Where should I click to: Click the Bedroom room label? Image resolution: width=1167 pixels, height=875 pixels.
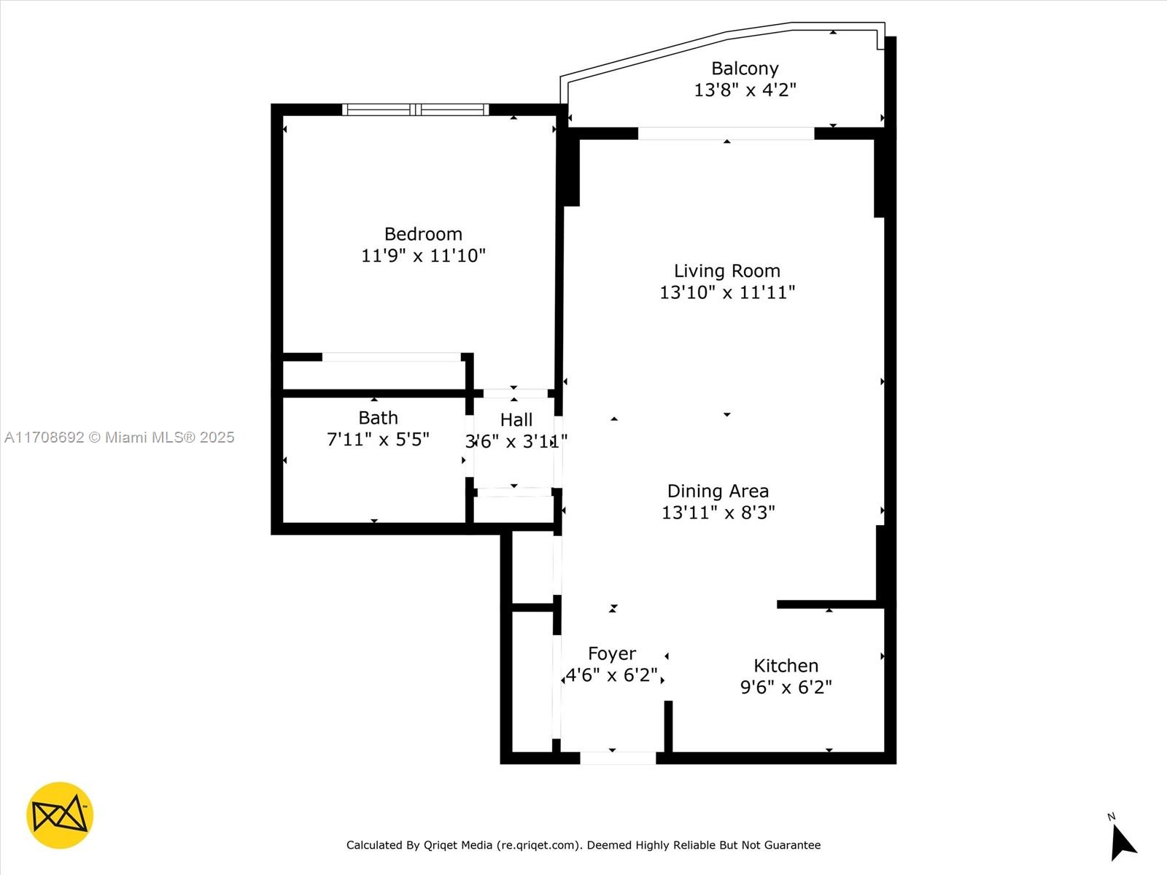pyautogui.click(x=423, y=234)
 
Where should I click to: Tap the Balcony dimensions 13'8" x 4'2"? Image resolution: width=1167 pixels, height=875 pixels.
pyautogui.click(x=745, y=90)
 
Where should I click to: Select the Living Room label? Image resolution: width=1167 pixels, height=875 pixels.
pyautogui.click(x=726, y=271)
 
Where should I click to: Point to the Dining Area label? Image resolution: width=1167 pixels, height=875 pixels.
pyautogui.click(x=718, y=491)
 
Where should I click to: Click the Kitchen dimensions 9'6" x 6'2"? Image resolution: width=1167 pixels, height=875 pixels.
pyautogui.click(x=786, y=687)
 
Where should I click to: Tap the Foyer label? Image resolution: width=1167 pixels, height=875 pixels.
pyautogui.click(x=612, y=653)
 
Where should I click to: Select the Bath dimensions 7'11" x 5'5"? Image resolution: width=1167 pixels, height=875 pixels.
pyautogui.click(x=377, y=439)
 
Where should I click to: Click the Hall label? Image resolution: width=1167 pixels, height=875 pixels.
pyautogui.click(x=516, y=420)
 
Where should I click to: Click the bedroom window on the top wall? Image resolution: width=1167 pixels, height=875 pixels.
pyautogui.click(x=416, y=110)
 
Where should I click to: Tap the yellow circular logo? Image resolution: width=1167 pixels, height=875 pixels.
pyautogui.click(x=60, y=815)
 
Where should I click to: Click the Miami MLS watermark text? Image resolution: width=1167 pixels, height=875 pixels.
pyautogui.click(x=120, y=437)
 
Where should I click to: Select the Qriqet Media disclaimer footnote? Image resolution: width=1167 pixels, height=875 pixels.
pyautogui.click(x=583, y=845)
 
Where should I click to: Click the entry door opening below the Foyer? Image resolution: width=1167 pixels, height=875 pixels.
pyautogui.click(x=618, y=758)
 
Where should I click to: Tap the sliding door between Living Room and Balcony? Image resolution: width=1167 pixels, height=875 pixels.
pyautogui.click(x=726, y=133)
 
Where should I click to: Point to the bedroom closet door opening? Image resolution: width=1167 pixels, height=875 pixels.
pyautogui.click(x=392, y=357)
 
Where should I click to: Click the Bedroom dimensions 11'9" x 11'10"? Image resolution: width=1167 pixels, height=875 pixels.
pyautogui.click(x=423, y=256)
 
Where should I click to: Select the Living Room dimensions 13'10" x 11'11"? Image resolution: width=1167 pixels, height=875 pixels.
pyautogui.click(x=726, y=292)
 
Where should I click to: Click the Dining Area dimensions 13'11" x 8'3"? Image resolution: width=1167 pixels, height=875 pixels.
pyautogui.click(x=718, y=513)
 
